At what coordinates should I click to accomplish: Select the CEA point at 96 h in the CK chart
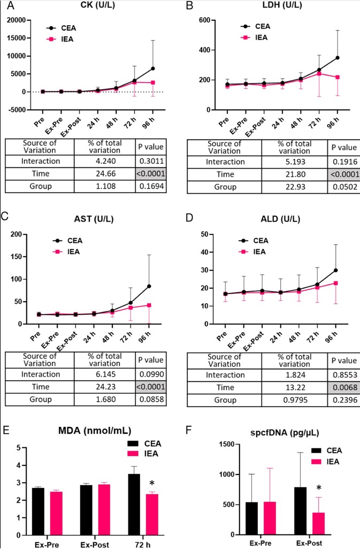(153, 68)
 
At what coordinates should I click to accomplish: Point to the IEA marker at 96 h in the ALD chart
(336, 298)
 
